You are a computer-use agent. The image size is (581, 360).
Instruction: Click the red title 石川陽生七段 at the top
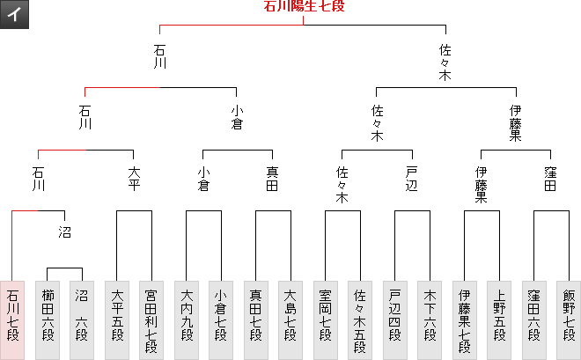[304, 7]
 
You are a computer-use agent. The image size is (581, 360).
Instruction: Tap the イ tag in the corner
[15, 16]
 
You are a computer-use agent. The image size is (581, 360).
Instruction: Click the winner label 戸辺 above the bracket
[412, 179]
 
